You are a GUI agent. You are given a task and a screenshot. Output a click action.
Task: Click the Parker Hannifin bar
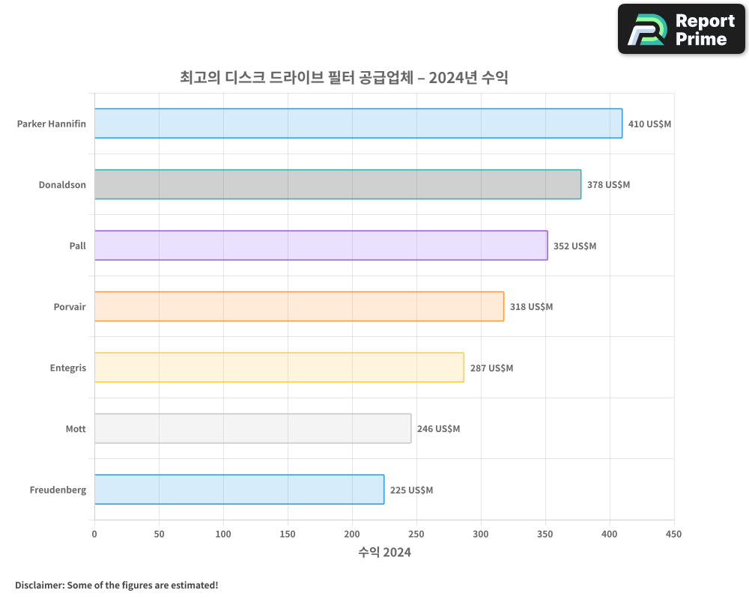pos(358,124)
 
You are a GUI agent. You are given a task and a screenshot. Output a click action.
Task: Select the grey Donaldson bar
pos(338,184)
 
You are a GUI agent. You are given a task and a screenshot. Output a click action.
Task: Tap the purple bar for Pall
pos(321,246)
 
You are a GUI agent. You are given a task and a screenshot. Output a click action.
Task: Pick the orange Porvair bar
pos(299,306)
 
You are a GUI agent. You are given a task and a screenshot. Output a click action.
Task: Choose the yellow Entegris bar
pos(279,368)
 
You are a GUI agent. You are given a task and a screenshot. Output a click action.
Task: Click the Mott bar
pos(252,428)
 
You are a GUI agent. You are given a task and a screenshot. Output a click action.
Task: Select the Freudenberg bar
pos(239,490)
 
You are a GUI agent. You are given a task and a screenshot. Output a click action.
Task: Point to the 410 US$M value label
pos(649,124)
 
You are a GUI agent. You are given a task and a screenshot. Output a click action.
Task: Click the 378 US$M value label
pos(608,184)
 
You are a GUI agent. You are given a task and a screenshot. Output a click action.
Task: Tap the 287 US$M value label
pos(491,368)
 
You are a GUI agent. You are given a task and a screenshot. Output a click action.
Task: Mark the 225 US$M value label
pos(411,490)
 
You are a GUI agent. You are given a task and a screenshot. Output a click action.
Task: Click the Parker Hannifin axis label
pos(52,124)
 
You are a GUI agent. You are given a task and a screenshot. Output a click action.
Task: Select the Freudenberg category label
pos(58,490)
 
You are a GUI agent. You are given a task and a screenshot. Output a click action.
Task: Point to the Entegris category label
pos(68,368)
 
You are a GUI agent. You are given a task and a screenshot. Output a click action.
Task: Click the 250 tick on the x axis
pos(416,534)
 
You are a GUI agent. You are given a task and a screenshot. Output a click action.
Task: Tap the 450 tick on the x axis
pos(674,534)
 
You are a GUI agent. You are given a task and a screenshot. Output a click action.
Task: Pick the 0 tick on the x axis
pos(94,534)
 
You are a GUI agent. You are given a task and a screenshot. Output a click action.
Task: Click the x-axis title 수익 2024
pos(384,553)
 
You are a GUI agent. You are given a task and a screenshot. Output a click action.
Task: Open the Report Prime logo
pos(681,29)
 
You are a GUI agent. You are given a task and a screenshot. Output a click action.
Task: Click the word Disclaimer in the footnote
pos(38,585)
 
